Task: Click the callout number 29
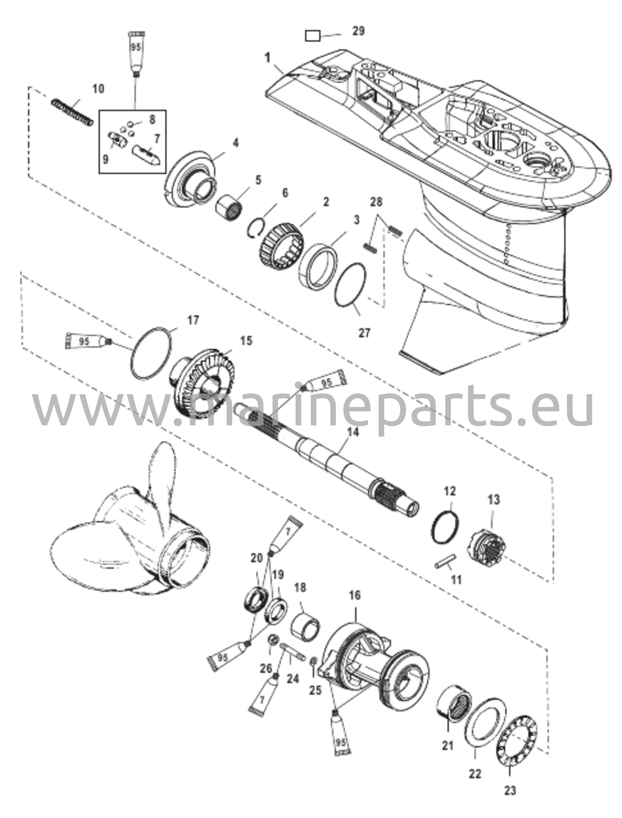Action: (358, 31)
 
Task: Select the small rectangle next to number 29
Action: (312, 36)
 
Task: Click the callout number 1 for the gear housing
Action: (267, 58)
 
